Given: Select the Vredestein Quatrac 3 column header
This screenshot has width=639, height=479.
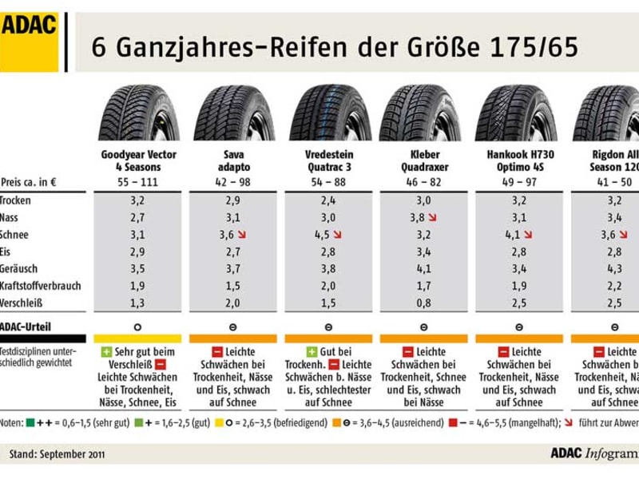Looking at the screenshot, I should tap(329, 160).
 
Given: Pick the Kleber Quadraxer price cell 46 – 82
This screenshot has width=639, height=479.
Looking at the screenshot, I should tap(423, 182).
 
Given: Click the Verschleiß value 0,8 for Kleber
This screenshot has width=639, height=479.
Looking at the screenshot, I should tap(423, 303).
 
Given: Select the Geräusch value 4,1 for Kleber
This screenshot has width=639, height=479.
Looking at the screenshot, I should tap(423, 269).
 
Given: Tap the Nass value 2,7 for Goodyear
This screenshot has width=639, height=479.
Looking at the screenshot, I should tap(137, 217).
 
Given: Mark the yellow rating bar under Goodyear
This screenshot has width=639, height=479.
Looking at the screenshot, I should tap(137, 338).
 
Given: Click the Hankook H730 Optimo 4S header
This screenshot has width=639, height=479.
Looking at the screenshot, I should tap(520, 160).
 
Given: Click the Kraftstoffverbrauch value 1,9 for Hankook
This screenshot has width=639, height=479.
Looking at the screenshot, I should tap(518, 286).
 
